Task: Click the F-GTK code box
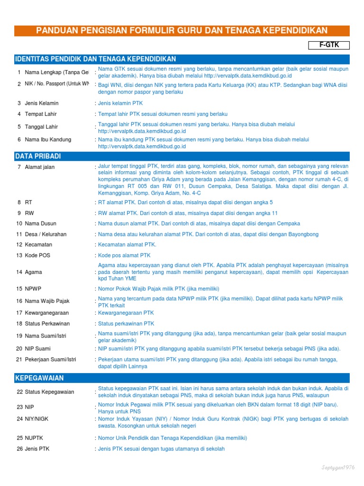tap(328, 45)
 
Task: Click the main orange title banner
tap(182, 31)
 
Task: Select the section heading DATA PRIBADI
tap(38, 156)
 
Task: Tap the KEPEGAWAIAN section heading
tap(39, 378)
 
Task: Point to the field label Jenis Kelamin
tap(42, 103)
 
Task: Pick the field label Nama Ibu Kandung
tap(48, 140)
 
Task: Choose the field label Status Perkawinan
tap(47, 324)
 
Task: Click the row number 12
tap(19, 244)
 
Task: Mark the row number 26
tap(19, 449)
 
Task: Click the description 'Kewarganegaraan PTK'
tap(126, 313)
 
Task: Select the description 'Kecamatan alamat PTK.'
tap(127, 244)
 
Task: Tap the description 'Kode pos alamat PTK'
tap(124, 255)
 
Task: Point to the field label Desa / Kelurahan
tap(45, 234)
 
